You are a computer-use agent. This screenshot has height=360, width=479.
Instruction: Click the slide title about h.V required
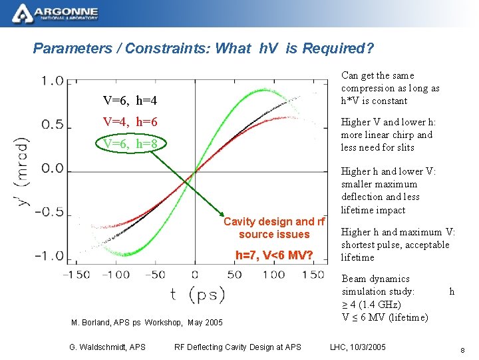point(203,49)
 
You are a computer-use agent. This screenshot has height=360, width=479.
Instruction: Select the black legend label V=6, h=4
point(130,101)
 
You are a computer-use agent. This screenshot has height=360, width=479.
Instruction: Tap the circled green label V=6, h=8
point(130,144)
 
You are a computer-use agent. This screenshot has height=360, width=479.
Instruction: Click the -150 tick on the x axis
point(77,274)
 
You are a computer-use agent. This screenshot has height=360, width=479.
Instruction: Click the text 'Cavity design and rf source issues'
point(274,228)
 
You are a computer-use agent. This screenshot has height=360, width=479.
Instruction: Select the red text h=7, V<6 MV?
point(274,254)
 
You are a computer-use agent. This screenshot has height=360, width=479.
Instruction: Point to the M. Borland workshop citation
point(146,323)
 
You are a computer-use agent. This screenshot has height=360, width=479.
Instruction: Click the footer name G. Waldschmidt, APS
point(107,347)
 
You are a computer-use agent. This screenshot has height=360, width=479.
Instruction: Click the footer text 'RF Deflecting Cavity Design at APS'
point(238,347)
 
